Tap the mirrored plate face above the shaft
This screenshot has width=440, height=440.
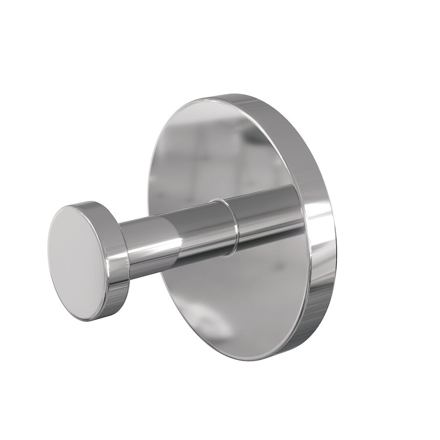click(x=220, y=147)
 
